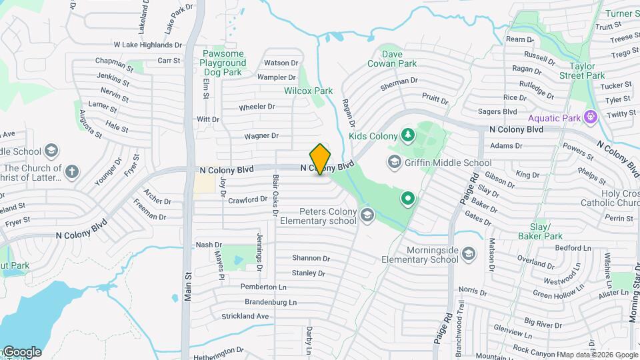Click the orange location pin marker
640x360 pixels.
coord(321,159)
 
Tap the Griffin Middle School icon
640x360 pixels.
coord(395,162)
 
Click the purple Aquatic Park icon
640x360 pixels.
coord(589,117)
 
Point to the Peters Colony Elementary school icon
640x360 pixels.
coord(366,215)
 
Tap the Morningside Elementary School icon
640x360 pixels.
coord(469,254)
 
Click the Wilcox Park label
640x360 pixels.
coord(308,91)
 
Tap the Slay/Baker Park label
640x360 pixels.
coord(541,231)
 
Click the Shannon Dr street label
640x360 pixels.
coord(311,258)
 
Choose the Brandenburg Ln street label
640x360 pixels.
coord(270,301)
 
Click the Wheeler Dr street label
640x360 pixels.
coord(257,107)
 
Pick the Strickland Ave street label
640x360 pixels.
coord(245,316)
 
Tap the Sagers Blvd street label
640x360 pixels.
coord(500,111)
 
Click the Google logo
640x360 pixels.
coord(22,351)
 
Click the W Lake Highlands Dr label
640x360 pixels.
coord(147,45)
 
